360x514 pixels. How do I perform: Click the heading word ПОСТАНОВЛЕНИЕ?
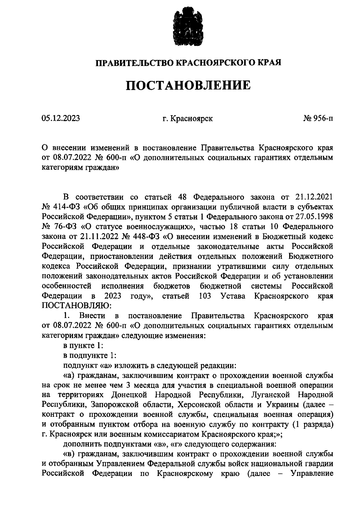click(188, 85)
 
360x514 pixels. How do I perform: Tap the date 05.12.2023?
click(61, 118)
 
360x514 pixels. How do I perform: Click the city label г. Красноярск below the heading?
click(187, 119)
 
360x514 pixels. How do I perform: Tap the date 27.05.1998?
click(315, 216)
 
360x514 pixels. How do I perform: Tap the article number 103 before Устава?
click(205, 296)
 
